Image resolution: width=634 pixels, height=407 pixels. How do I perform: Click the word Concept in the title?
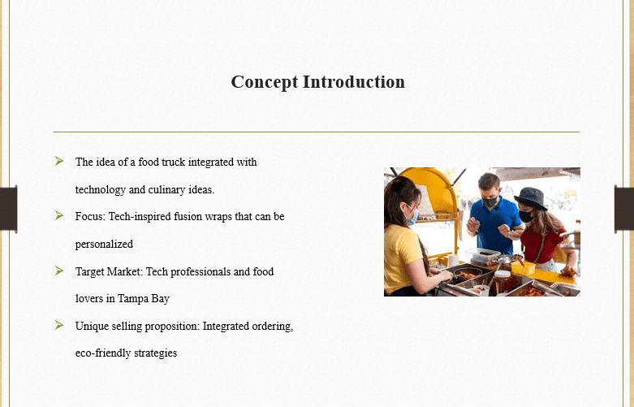[264, 83]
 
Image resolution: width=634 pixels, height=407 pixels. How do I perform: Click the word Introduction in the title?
[354, 82]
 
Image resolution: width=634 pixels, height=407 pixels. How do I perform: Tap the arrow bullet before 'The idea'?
[59, 161]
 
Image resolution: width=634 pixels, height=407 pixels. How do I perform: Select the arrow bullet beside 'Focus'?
[59, 215]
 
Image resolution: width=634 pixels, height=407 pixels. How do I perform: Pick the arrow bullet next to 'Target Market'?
[59, 271]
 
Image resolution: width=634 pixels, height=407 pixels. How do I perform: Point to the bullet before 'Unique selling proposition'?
[59, 325]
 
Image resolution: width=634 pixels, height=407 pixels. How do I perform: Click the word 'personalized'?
[104, 245]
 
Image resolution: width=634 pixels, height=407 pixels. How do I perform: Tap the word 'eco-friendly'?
[103, 353]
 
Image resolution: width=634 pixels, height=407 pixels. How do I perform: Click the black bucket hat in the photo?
[531, 197]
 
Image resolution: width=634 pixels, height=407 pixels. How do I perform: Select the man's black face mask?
[490, 201]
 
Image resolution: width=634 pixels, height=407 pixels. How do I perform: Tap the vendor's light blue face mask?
[412, 217]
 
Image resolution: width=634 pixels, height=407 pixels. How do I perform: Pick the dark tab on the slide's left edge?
[8, 209]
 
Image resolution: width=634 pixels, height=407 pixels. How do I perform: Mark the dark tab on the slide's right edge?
[624, 209]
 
